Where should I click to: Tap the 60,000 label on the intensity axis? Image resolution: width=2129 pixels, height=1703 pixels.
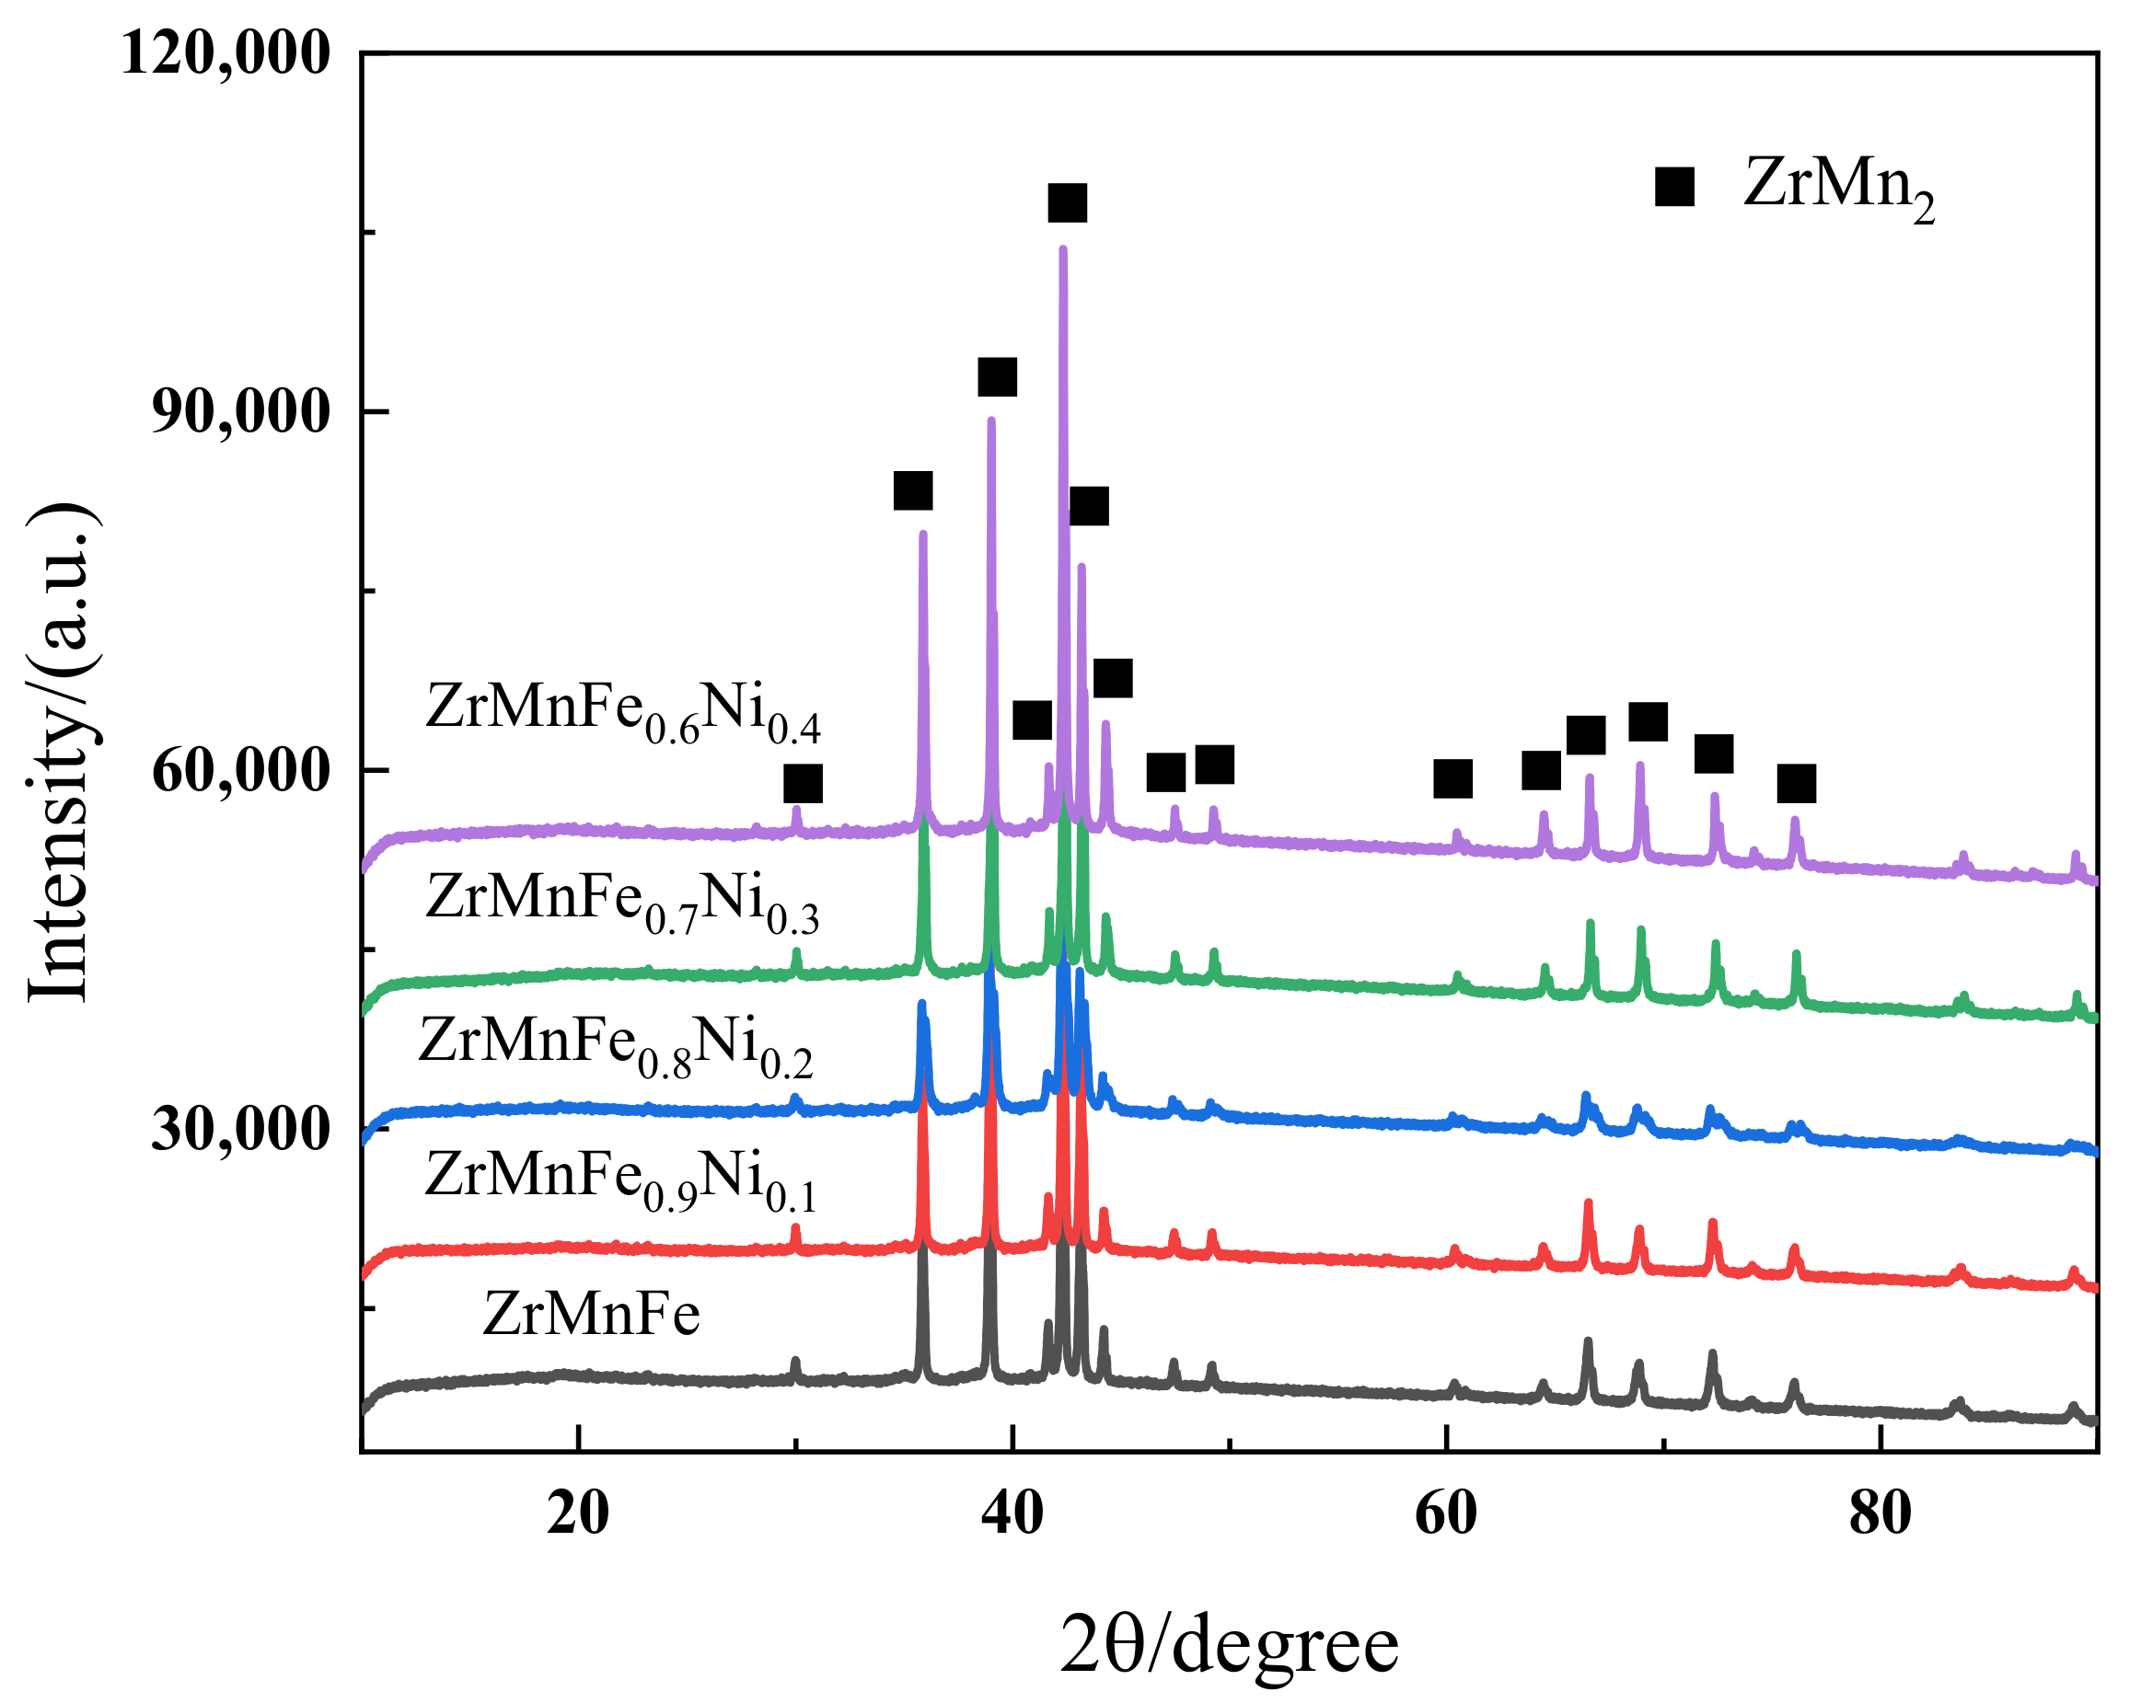240,771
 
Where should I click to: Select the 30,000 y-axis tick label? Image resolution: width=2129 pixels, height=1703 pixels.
240,1128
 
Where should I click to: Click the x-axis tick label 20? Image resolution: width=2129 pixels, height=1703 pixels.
578,1513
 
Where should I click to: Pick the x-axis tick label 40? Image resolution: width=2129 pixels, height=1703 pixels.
1012,1513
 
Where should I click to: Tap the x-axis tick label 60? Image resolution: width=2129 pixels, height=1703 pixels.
1446,1513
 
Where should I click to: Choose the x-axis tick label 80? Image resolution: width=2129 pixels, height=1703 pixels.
1880,1513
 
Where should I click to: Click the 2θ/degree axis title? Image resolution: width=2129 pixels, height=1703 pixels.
1230,1644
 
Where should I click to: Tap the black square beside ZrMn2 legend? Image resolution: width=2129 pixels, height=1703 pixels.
1675,186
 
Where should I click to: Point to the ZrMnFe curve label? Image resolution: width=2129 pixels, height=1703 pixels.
592,1314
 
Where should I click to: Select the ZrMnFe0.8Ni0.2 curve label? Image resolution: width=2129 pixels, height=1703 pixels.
616,1044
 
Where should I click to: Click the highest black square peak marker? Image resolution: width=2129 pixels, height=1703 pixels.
1068,203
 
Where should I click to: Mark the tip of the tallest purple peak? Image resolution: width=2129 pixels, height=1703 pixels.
1062,248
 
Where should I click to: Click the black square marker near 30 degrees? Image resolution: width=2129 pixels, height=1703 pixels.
803,784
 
